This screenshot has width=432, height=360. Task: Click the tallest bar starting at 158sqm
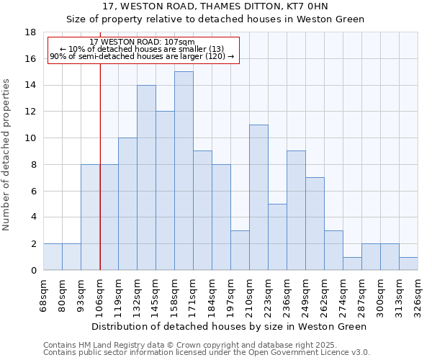tap(184, 171)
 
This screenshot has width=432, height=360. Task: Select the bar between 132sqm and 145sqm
tap(146, 178)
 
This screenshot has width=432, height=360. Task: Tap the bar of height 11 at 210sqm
tap(258, 197)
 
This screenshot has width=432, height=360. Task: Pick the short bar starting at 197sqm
tap(240, 250)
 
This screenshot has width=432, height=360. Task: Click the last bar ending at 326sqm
tap(408, 264)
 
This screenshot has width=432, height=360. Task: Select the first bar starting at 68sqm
tap(53, 257)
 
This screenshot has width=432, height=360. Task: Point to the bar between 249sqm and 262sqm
tap(315, 224)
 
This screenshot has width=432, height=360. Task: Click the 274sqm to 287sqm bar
tap(352, 264)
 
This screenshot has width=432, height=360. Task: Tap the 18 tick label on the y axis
tap(31, 32)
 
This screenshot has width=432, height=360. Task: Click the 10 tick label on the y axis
tap(31, 138)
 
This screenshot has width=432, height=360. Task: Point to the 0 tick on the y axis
tap(34, 271)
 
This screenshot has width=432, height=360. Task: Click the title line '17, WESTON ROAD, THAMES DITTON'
tap(215, 6)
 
